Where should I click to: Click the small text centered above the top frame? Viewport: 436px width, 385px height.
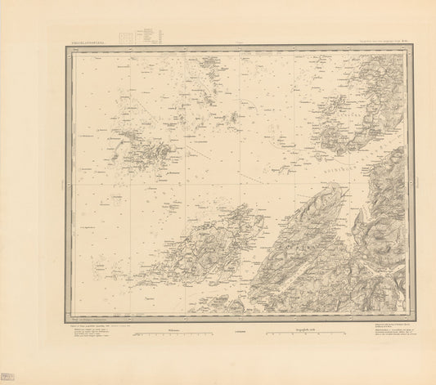tap(240, 38)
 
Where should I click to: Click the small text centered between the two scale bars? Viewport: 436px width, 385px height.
tap(240, 332)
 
